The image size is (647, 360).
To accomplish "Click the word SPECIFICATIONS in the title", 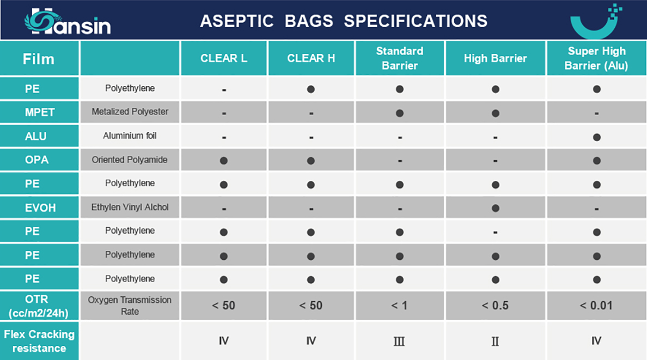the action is tap(416, 21).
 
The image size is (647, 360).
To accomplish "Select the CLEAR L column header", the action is tap(224, 58).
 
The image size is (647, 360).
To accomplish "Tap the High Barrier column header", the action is tap(495, 58).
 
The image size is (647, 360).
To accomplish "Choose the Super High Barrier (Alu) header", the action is tap(596, 58).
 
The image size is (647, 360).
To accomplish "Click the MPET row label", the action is tap(40, 112).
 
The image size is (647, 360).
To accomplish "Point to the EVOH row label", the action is tap(40, 208).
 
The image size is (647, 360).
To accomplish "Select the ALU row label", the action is tap(35, 136).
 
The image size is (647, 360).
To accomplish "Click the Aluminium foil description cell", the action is tap(130, 136).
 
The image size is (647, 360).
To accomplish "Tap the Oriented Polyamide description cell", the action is tap(130, 160).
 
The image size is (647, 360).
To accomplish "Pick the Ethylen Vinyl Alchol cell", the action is tap(130, 208).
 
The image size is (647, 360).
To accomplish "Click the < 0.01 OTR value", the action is tap(596, 306).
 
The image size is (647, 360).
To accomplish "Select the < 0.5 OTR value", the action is tap(495, 306).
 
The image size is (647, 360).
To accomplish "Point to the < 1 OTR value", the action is tap(399, 306).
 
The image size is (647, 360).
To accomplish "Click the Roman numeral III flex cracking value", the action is tap(399, 341).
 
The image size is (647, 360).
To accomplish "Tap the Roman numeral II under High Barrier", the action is tap(495, 341).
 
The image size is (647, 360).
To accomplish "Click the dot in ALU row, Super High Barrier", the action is tap(597, 137).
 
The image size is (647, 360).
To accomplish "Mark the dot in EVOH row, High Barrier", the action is tap(496, 208).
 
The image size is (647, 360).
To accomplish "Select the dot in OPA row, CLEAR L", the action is tap(224, 161).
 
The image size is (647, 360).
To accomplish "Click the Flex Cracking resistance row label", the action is tap(39, 341).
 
